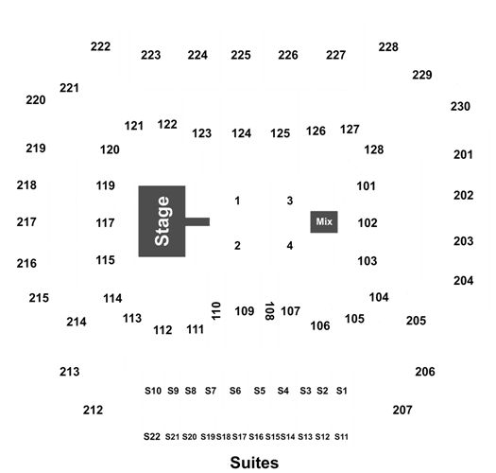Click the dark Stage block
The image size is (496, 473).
point(162,221)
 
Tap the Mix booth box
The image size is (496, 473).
point(324,221)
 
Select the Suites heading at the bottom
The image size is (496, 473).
point(254,463)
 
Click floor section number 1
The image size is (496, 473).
point(237,201)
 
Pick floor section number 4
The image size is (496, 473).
point(290,246)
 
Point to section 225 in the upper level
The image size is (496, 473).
point(241,55)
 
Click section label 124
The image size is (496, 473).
point(241,133)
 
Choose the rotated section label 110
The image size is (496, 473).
point(215,311)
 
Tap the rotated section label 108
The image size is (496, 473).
point(269,311)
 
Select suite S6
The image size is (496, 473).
point(235,391)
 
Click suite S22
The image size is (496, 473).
point(152,436)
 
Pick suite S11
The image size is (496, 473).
point(341,437)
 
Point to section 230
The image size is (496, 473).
point(460,107)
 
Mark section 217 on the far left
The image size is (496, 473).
point(26,222)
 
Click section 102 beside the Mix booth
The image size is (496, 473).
point(368,223)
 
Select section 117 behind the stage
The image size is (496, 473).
point(105,223)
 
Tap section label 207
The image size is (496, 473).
point(402,411)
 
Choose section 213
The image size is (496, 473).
point(70,372)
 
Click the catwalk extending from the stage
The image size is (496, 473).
point(197,221)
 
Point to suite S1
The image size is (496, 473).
point(342,391)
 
